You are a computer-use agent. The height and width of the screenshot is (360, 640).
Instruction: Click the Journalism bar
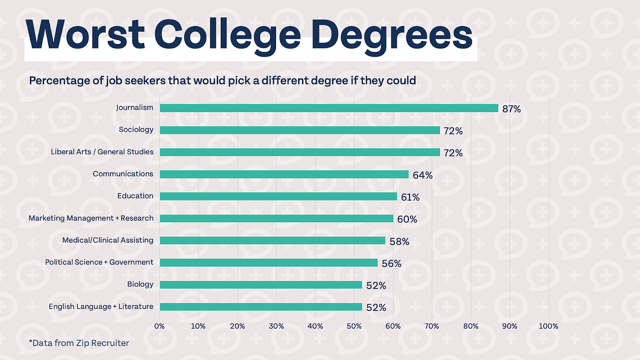pos(329,108)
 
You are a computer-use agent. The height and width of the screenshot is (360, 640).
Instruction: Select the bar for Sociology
pos(300,130)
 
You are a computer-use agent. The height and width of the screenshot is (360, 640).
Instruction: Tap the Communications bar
pos(284,174)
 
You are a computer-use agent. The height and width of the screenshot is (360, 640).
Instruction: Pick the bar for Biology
pos(261,285)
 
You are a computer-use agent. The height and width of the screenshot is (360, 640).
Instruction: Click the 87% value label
pos(511,109)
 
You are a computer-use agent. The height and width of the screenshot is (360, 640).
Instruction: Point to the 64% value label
pos(422,175)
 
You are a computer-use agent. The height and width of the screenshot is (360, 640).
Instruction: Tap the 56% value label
pos(391,263)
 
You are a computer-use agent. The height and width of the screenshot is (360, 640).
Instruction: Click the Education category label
pos(135,196)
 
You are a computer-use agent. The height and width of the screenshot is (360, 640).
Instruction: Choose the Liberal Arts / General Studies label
pos(102,152)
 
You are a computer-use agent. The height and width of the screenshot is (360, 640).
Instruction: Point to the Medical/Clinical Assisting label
pos(108,240)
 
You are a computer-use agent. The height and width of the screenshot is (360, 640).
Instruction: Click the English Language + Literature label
pos(101,306)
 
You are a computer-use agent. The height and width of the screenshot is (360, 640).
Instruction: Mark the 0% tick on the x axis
pos(159,326)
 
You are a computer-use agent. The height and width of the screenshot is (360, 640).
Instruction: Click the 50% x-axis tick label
pos(354,326)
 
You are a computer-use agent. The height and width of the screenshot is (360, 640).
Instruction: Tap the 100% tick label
pos(548,326)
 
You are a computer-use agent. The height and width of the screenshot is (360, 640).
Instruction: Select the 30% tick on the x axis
pos(276,326)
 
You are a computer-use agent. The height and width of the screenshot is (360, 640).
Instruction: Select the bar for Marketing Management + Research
pos(276,218)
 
